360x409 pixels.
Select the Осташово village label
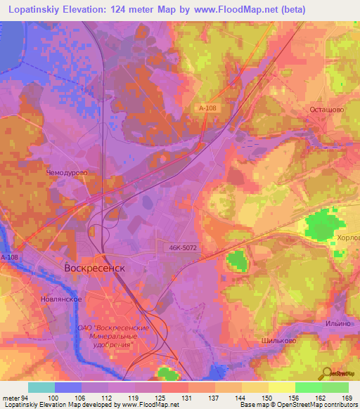(x=327, y=110)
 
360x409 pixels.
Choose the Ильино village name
(x=337, y=323)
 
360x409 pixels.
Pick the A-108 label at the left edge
(x=8, y=258)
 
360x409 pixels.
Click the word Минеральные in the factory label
(x=105, y=337)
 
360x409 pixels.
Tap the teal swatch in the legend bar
(x=41, y=387)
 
